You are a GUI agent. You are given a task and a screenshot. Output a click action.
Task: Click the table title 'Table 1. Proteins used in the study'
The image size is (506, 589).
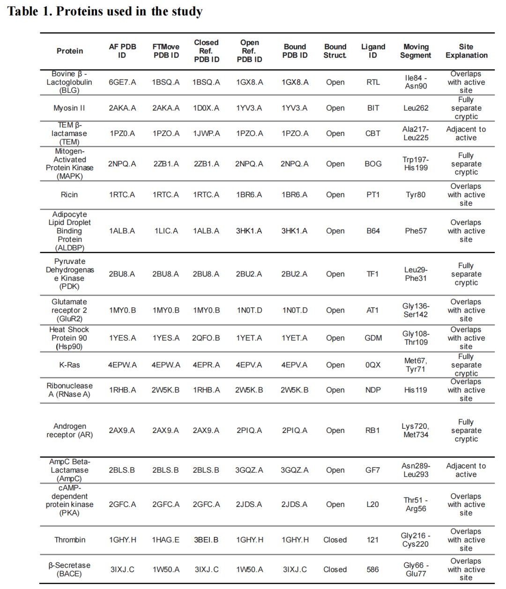coord(104,11)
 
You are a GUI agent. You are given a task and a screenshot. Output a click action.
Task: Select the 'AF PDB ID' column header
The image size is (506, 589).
coord(122,51)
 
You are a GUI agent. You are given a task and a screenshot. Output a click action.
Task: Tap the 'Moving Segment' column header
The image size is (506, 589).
coord(416,51)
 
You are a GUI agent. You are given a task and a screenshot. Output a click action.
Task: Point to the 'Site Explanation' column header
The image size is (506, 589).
coord(466,51)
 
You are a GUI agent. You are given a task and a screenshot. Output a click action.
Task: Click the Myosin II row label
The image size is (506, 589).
coord(69,108)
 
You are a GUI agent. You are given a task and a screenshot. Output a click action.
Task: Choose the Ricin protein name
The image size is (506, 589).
coord(69,194)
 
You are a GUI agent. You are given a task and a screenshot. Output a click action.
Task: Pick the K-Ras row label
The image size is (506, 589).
coord(69,365)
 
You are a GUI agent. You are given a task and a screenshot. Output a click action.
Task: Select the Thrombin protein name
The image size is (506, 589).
coord(70,540)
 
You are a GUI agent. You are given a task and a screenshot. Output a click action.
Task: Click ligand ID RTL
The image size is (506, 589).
coord(373,82)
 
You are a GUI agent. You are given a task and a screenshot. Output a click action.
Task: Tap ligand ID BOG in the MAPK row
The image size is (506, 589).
coord(373,164)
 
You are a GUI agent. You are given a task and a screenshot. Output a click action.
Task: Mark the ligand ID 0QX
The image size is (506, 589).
coord(373,365)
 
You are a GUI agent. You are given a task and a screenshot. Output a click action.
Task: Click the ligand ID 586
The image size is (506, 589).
coord(373,569)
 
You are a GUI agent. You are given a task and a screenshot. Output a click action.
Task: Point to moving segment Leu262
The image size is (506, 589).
coord(416,108)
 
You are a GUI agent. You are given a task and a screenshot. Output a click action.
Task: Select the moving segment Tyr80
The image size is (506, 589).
coord(416,194)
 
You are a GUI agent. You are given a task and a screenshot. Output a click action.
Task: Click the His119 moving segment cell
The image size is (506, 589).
coord(416,390)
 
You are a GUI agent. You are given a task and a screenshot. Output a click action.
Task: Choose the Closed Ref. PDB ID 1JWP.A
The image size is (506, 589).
coord(206,134)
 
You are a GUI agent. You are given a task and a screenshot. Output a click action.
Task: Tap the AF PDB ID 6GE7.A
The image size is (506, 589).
coord(122,82)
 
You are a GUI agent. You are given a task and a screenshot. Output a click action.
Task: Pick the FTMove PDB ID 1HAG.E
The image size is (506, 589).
coord(166,540)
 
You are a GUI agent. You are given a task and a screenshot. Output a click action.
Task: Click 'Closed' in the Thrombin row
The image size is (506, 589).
coord(335,540)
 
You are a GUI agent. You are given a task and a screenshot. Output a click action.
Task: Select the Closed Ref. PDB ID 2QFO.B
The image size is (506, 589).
coord(206,338)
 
